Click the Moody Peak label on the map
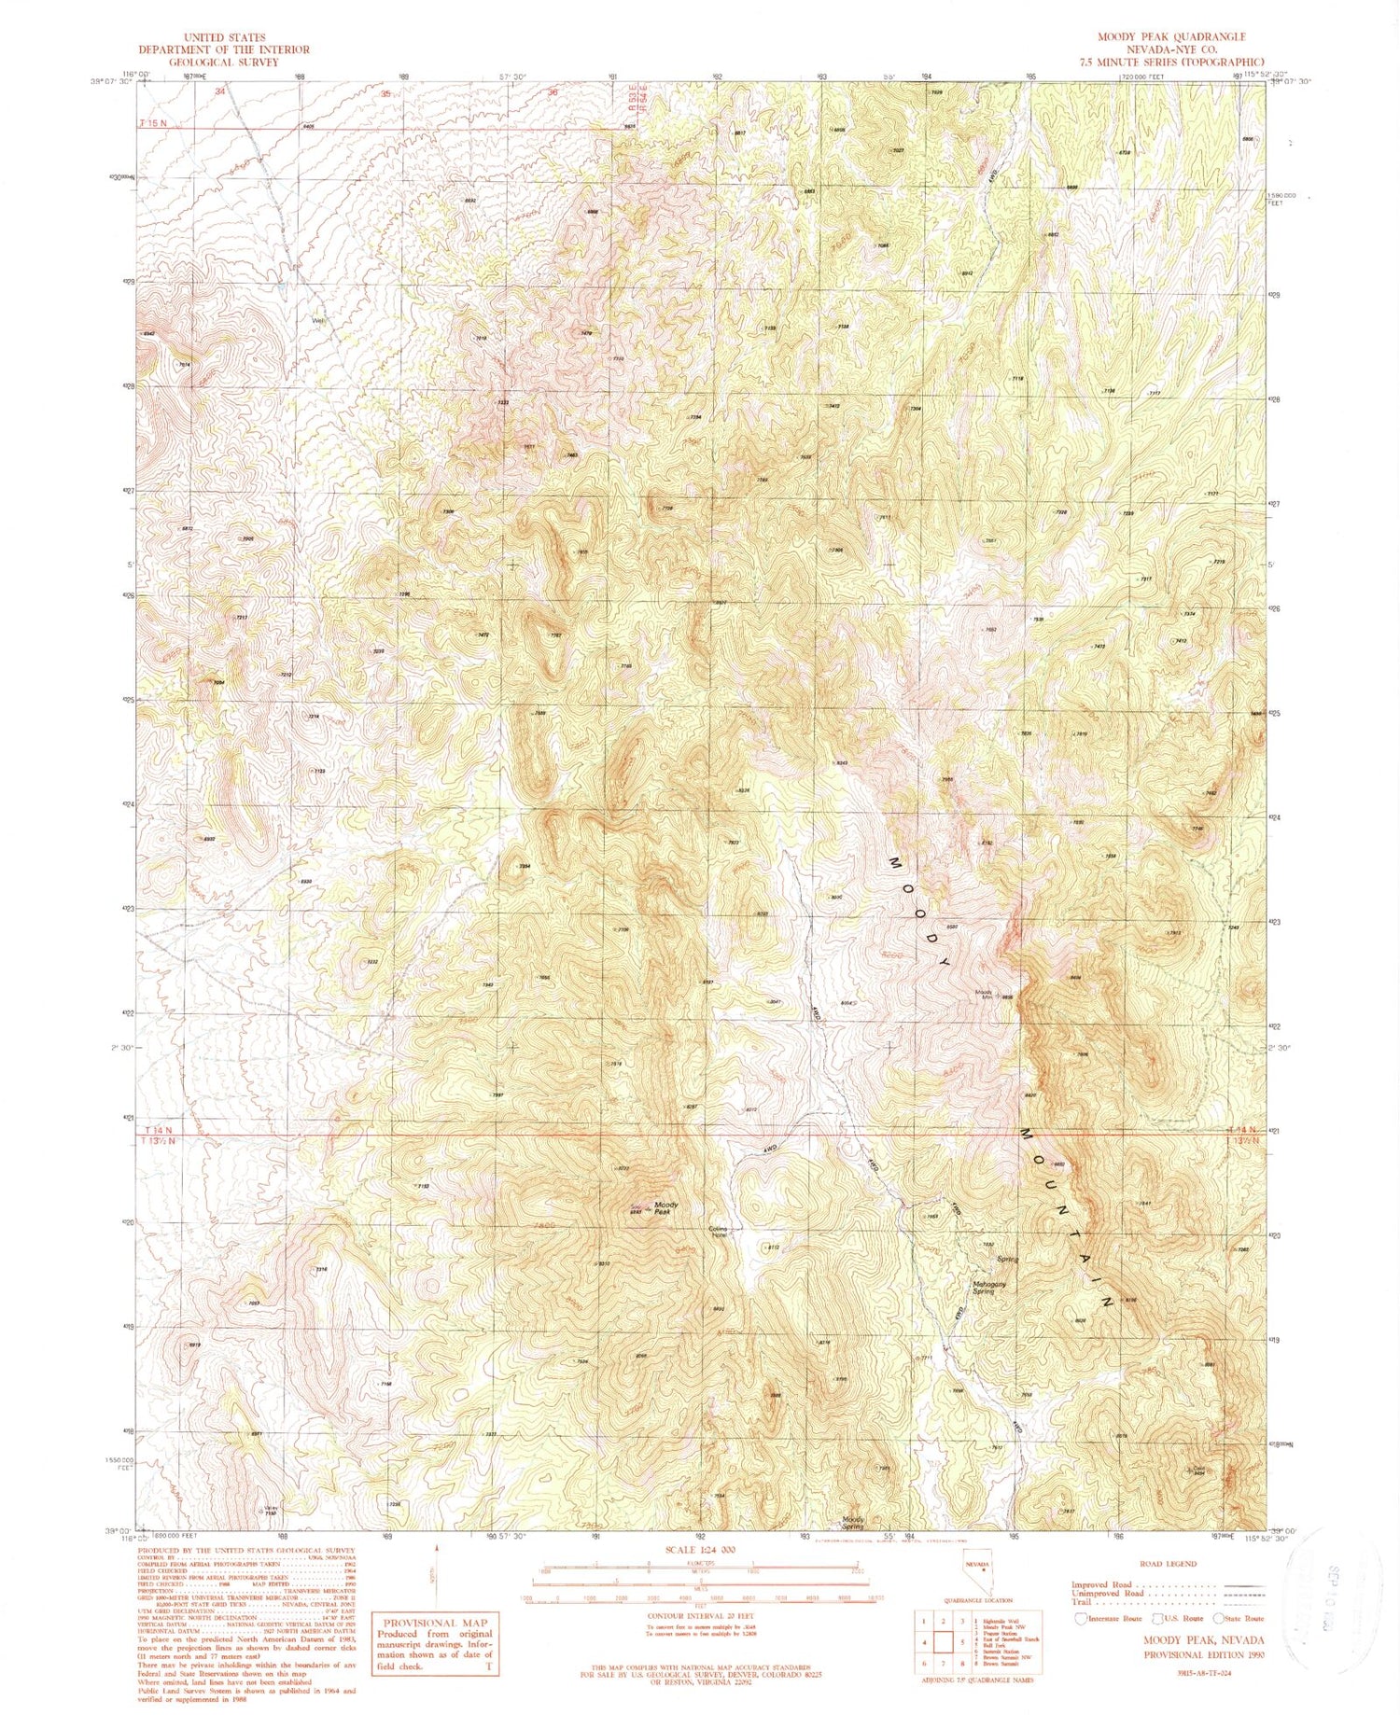[665, 1207]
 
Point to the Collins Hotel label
[719, 1232]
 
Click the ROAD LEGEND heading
[1167, 1564]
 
